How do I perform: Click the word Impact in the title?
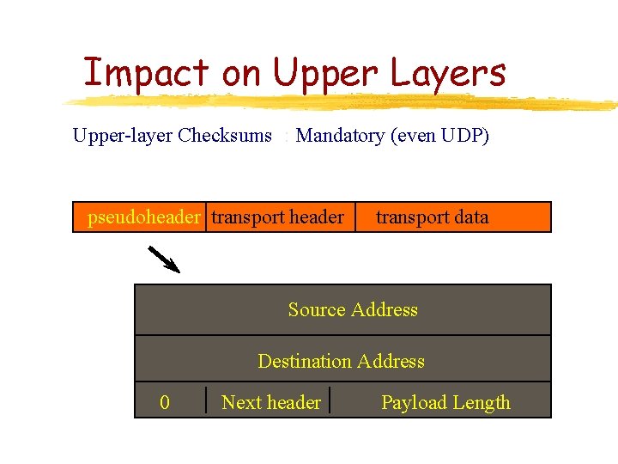[x=146, y=74]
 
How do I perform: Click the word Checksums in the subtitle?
[x=225, y=136]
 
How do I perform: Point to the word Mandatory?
[x=340, y=136]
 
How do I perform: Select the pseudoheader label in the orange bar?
[x=143, y=217]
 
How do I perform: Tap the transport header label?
[x=277, y=217]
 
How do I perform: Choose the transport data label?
[x=432, y=217]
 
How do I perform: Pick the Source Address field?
[x=353, y=310]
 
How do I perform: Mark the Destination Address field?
[x=341, y=362]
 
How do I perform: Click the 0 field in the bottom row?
[x=165, y=403]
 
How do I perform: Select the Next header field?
[x=270, y=403]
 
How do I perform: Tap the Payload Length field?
[x=445, y=403]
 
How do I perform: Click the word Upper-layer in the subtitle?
[x=122, y=136]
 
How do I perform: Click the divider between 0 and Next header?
[x=207, y=400]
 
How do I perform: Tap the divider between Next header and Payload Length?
[x=330, y=400]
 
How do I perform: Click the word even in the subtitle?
[x=414, y=136]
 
